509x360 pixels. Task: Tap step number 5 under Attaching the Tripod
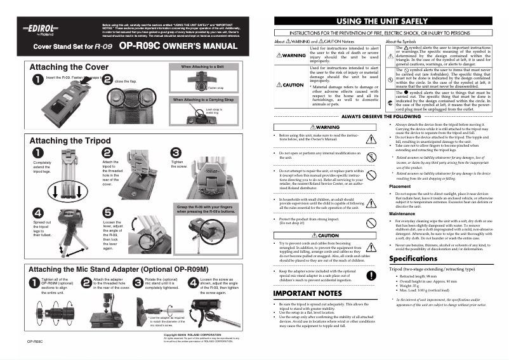tap(108, 213)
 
